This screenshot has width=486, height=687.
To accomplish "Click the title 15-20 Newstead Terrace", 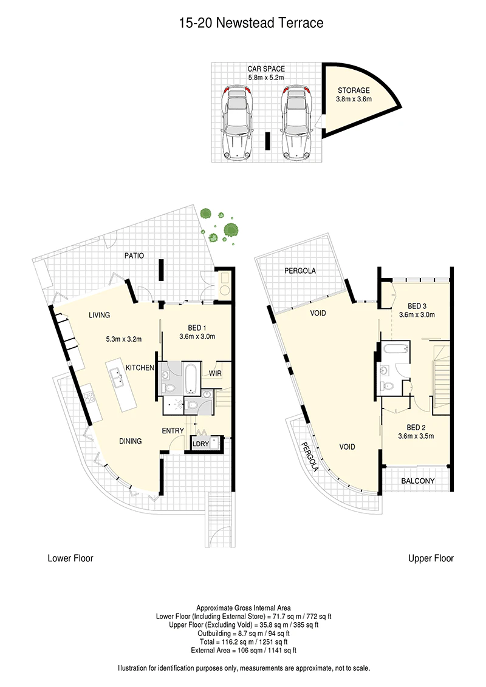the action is (x=252, y=23).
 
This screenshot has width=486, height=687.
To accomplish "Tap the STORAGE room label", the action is (x=354, y=90).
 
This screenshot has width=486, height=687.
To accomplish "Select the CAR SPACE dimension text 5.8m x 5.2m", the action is (x=266, y=78).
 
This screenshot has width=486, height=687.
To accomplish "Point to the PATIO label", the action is (x=134, y=256).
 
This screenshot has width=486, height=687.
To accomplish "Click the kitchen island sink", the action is (x=118, y=377).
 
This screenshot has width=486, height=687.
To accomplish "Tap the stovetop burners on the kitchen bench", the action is (x=89, y=397).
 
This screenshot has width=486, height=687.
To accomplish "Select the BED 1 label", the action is (x=197, y=328).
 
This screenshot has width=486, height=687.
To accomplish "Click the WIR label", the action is (x=215, y=373).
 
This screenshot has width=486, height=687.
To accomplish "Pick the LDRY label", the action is (x=201, y=444).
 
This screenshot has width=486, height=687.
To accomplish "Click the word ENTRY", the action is (x=173, y=431).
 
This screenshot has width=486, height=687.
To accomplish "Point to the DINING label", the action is (x=130, y=441).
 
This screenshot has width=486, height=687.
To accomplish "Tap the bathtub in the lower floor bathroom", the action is (x=192, y=378).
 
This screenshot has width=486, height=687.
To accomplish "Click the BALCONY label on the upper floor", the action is (x=417, y=481).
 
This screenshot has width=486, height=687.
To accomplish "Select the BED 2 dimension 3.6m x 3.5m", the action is (x=416, y=436).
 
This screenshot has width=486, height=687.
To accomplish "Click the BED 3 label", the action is (x=417, y=306).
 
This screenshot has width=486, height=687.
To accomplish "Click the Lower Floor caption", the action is (x=70, y=558).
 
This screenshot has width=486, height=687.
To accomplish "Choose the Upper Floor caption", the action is (x=431, y=558).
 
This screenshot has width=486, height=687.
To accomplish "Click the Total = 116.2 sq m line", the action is (x=244, y=642).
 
